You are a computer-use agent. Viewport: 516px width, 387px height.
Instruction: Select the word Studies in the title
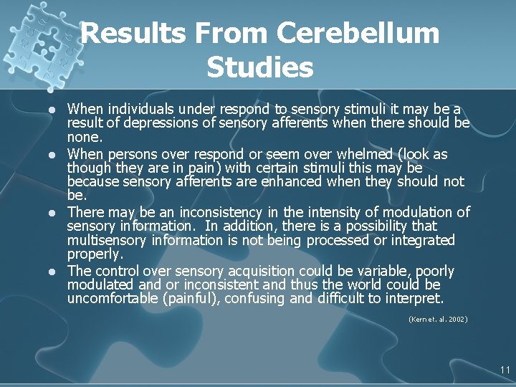click(259, 68)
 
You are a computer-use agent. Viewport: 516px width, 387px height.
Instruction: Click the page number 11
click(505, 371)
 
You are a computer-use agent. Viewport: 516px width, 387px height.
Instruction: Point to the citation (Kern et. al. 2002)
click(437, 319)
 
